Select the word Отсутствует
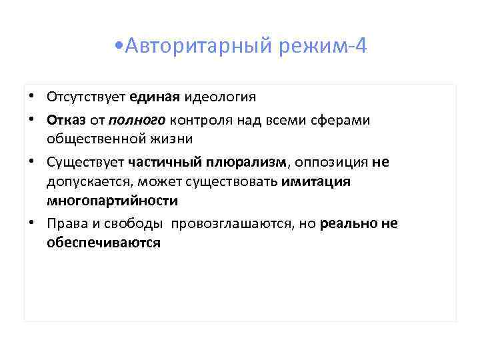tap(86, 97)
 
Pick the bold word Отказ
tap(64, 120)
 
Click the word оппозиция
tap(330, 162)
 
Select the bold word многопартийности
tap(112, 201)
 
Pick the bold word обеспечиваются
tap(103, 243)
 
